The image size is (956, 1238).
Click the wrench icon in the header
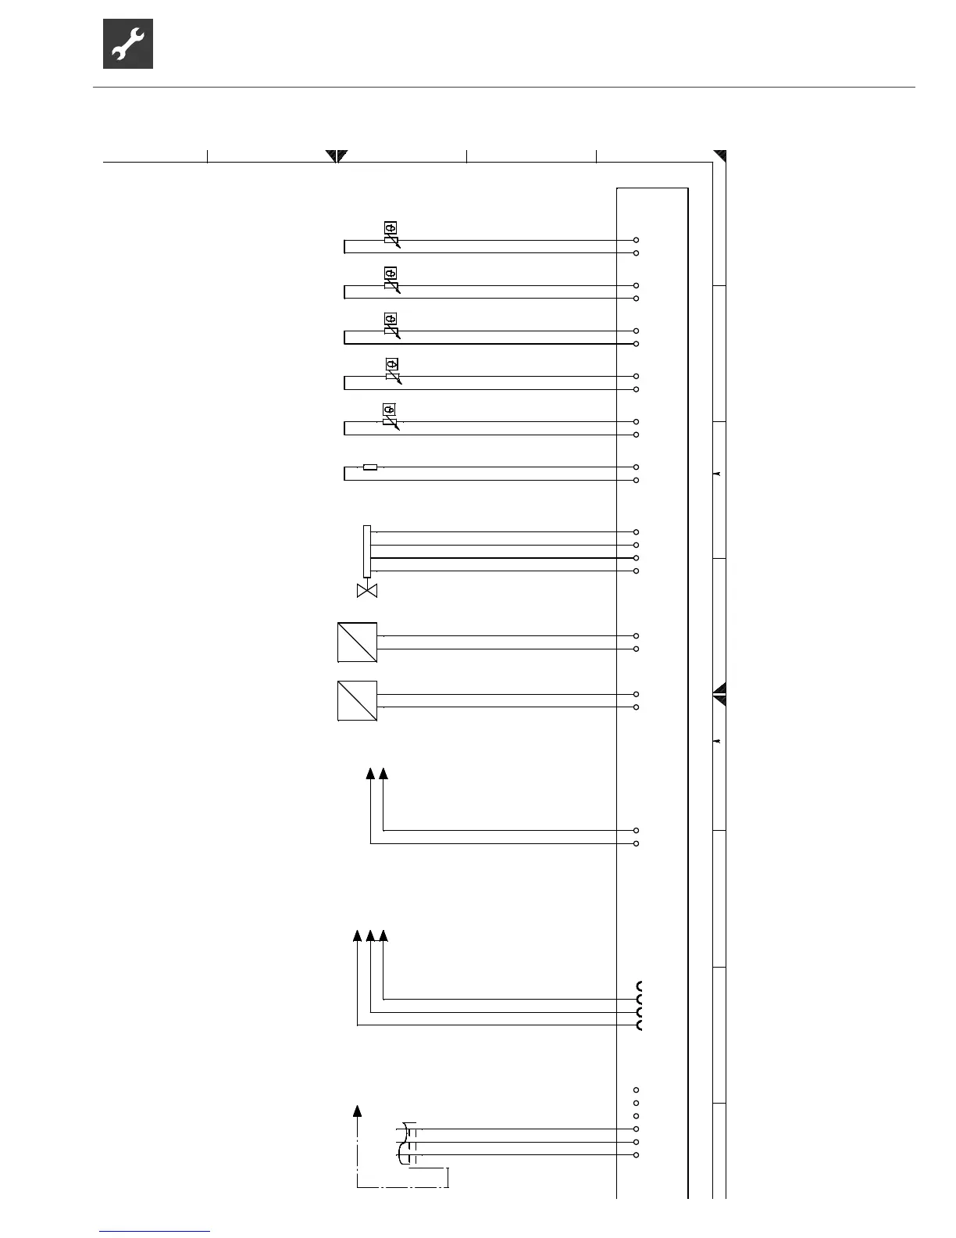pos(128,44)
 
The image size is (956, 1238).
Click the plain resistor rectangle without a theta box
pos(370,467)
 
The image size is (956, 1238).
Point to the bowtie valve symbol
pos(366,591)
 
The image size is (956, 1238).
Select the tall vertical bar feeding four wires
pos(366,551)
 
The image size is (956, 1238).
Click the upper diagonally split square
pos(357,642)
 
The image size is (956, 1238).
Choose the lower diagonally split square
pos(357,700)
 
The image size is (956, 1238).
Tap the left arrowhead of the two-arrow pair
pos(370,774)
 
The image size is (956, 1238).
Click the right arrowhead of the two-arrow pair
pos(383,774)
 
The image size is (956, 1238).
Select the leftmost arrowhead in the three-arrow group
pos(357,936)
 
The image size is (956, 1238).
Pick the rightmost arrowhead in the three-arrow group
pos(383,936)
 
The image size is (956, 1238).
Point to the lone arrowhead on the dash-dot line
pos(358,1111)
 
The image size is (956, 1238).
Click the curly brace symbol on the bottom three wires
pos(402,1143)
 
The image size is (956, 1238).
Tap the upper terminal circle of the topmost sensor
pos(637,240)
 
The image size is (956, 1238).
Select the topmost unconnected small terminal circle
pos(637,1090)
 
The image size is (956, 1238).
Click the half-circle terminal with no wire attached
pos(640,986)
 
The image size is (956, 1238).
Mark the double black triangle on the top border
pos(337,155)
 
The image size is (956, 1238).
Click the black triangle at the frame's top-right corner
pos(721,155)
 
